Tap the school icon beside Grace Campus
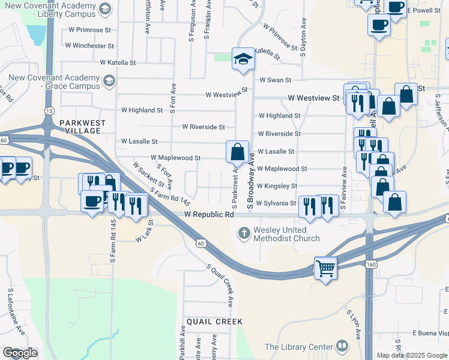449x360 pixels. click(x=109, y=80)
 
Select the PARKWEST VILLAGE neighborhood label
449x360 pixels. click(x=82, y=127)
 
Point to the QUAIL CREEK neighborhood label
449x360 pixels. click(x=214, y=322)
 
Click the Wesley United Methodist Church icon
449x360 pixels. click(x=244, y=232)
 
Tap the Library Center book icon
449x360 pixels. click(x=342, y=346)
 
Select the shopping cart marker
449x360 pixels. click(x=325, y=268)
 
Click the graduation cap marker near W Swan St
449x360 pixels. click(x=243, y=59)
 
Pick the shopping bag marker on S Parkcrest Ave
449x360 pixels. click(x=237, y=152)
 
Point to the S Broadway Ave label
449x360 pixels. click(x=252, y=180)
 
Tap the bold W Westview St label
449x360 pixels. click(x=313, y=97)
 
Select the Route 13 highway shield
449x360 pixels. click(x=48, y=111)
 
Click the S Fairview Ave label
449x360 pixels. click(x=344, y=188)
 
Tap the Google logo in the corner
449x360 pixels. click(x=20, y=353)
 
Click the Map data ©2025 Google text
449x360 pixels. click(x=412, y=355)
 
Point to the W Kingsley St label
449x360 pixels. click(x=277, y=186)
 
